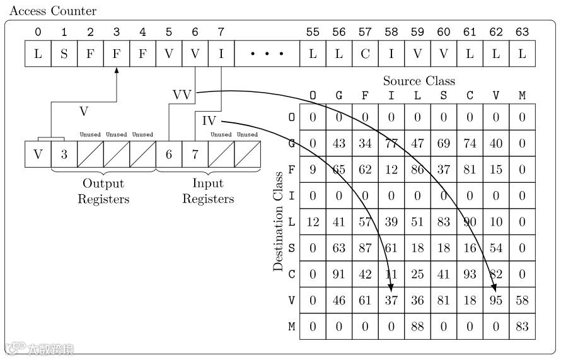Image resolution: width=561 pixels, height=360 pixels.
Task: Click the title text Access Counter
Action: pyautogui.click(x=53, y=11)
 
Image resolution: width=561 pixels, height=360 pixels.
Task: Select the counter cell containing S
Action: pyautogui.click(x=64, y=54)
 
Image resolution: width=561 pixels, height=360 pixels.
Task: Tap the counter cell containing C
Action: pyautogui.click(x=365, y=54)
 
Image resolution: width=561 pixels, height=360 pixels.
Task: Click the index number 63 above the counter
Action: pyautogui.click(x=522, y=32)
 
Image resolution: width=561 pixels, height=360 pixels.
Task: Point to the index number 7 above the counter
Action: pyautogui.click(x=221, y=32)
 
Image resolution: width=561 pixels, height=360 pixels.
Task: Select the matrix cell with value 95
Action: pyautogui.click(x=496, y=300)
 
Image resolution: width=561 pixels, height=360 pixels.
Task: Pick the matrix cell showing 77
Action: pyautogui.click(x=391, y=144)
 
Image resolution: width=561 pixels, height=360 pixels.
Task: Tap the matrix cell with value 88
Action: pyautogui.click(x=417, y=327)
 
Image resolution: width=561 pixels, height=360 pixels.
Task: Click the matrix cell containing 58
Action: pyautogui.click(x=522, y=300)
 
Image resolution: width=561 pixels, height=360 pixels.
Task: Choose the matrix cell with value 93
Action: pyautogui.click(x=470, y=274)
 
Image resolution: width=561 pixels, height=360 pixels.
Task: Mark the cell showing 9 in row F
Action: pyautogui.click(x=313, y=170)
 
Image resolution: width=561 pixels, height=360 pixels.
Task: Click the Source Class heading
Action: pyautogui.click(x=419, y=81)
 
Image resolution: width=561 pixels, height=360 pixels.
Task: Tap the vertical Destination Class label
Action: pyautogui.click(x=278, y=229)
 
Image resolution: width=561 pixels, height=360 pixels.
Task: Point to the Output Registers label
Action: pyautogui.click(x=103, y=191)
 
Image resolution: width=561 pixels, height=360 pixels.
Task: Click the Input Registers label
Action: pyautogui.click(x=208, y=191)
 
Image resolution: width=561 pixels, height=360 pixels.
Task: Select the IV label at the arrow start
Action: pyautogui.click(x=209, y=120)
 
